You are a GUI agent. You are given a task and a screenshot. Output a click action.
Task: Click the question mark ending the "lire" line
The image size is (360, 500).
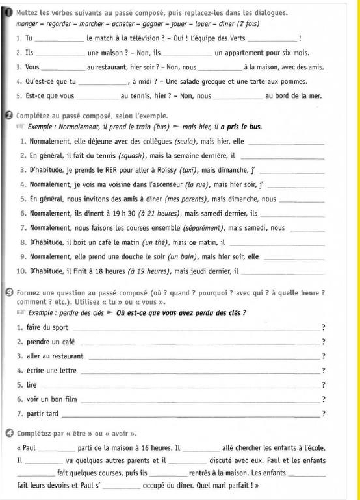323,384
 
